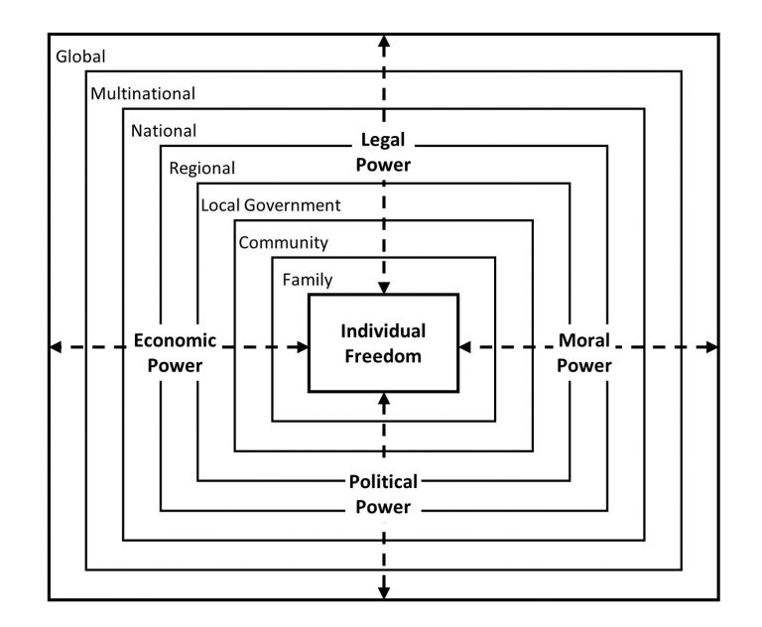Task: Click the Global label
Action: click(80, 57)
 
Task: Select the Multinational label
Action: click(143, 94)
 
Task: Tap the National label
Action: click(164, 131)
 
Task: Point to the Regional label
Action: click(202, 169)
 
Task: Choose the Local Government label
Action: click(271, 205)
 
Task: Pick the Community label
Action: click(283, 242)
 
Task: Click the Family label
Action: click(308, 280)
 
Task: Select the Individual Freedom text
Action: click(383, 342)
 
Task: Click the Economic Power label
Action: click(175, 352)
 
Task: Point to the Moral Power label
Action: click(583, 352)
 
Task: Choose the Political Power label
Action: click(383, 494)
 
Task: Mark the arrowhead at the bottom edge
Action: click(384, 593)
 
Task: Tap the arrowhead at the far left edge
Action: click(56, 346)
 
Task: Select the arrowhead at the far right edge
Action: click(710, 346)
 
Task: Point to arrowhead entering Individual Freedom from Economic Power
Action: click(302, 346)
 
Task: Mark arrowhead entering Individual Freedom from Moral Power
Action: click(465, 346)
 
